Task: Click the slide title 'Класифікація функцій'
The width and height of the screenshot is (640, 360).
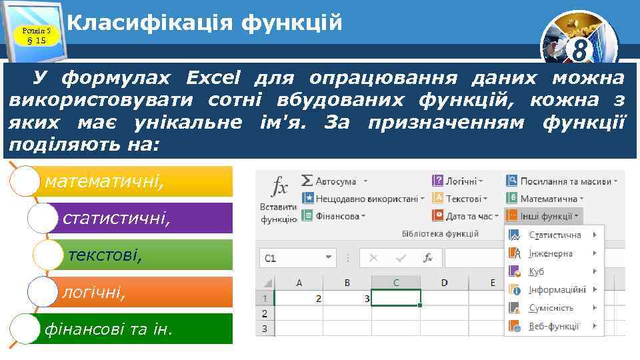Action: tap(205, 23)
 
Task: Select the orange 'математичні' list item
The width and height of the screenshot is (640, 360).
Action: tap(133, 181)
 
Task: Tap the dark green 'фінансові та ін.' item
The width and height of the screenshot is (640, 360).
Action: tap(133, 329)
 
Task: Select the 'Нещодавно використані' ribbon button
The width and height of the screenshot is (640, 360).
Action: tap(363, 198)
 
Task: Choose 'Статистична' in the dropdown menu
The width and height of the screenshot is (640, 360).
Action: tap(554, 235)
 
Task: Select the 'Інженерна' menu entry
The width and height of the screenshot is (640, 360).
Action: tap(551, 253)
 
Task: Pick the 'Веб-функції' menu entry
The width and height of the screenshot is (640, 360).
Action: tap(553, 326)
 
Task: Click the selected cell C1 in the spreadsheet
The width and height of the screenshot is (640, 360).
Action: tap(395, 297)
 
